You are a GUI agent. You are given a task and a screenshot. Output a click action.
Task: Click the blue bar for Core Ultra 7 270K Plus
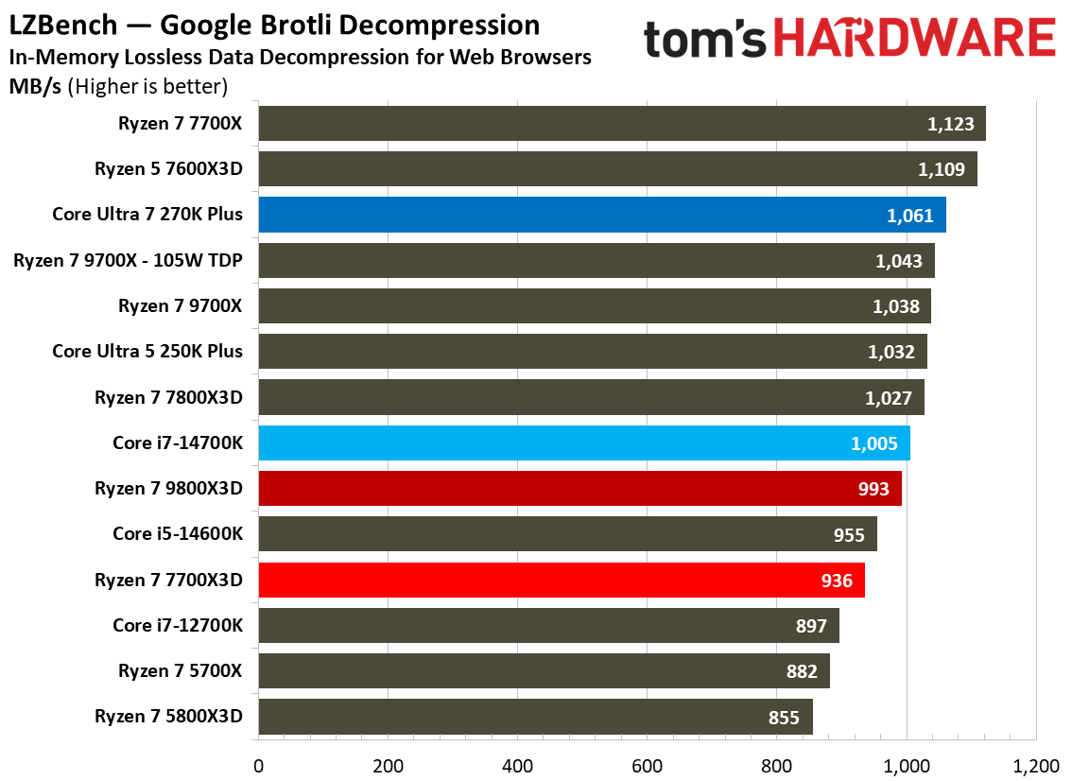click(602, 215)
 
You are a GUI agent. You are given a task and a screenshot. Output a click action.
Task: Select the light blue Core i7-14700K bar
click(584, 443)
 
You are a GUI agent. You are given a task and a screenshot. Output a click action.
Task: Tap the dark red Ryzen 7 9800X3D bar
click(580, 488)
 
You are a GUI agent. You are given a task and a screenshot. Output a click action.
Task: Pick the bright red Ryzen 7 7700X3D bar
click(562, 580)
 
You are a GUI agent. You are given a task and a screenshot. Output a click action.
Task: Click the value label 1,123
click(950, 124)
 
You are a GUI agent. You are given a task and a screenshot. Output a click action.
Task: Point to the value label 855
click(784, 718)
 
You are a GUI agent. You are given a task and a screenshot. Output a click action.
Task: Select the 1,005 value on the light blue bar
click(873, 443)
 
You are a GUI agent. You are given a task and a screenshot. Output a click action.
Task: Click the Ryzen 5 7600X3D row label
click(168, 169)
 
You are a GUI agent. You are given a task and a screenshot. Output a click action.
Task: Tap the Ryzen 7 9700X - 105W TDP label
click(128, 261)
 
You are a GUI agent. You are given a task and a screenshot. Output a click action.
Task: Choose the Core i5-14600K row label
click(178, 533)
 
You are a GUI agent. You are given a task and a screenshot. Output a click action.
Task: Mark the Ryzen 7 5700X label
click(180, 671)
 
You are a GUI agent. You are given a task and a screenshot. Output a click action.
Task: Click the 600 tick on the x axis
click(647, 766)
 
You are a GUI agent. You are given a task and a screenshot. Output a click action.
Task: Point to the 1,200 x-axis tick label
click(1036, 766)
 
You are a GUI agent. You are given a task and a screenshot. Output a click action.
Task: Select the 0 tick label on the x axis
click(258, 766)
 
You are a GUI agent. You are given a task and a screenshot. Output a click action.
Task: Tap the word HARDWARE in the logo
click(915, 39)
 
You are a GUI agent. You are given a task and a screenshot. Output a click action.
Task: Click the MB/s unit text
click(35, 87)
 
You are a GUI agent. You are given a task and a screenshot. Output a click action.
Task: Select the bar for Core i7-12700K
click(549, 626)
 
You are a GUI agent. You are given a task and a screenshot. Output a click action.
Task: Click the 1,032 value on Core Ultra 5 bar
click(890, 352)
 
